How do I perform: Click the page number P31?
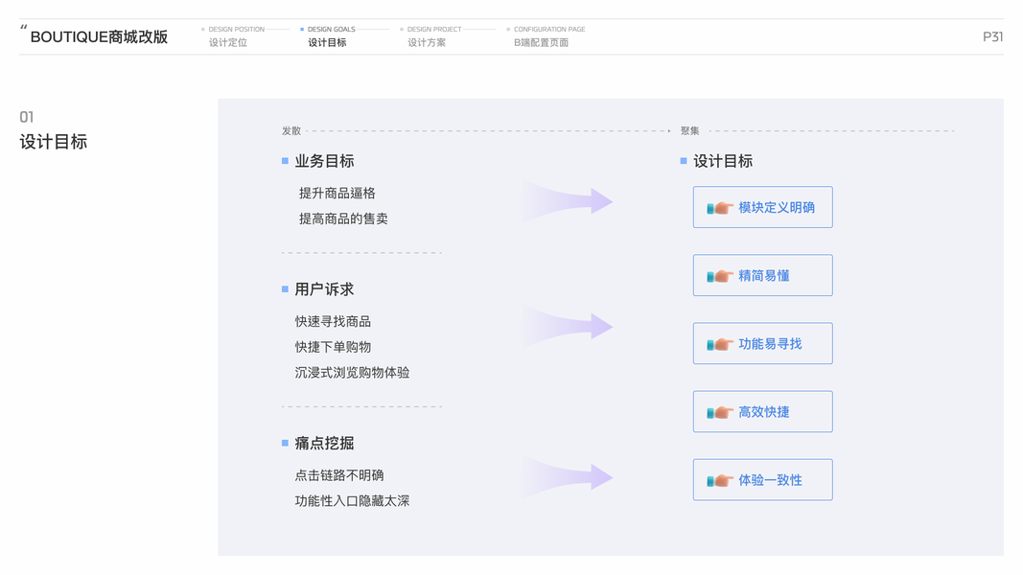pyautogui.click(x=992, y=36)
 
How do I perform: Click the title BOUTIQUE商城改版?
pyautogui.click(x=99, y=37)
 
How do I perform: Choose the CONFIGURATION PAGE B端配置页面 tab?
pyautogui.click(x=545, y=36)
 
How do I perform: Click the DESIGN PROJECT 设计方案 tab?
pyautogui.click(x=430, y=36)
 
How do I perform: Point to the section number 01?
pyautogui.click(x=27, y=117)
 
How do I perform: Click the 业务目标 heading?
pyautogui.click(x=324, y=161)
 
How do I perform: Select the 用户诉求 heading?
pyautogui.click(x=324, y=288)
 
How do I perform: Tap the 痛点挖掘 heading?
pyautogui.click(x=324, y=443)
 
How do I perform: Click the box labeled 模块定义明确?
pyautogui.click(x=762, y=207)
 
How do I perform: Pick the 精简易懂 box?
pyautogui.click(x=762, y=275)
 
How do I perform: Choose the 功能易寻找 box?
pyautogui.click(x=762, y=343)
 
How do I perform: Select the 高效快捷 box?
pyautogui.click(x=762, y=411)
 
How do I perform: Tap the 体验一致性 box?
pyautogui.click(x=762, y=479)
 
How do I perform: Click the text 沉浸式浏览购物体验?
pyautogui.click(x=352, y=372)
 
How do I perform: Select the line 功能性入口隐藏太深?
pyautogui.click(x=352, y=500)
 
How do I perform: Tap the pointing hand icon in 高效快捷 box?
pyautogui.click(x=719, y=412)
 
